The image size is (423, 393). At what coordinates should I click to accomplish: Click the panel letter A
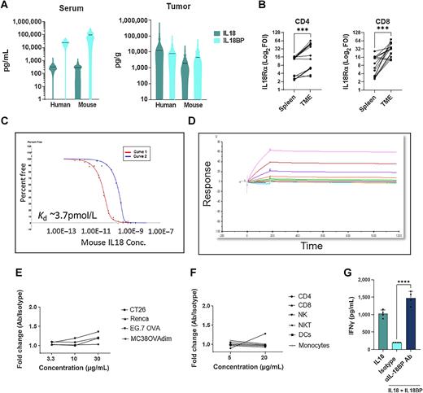(5, 7)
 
